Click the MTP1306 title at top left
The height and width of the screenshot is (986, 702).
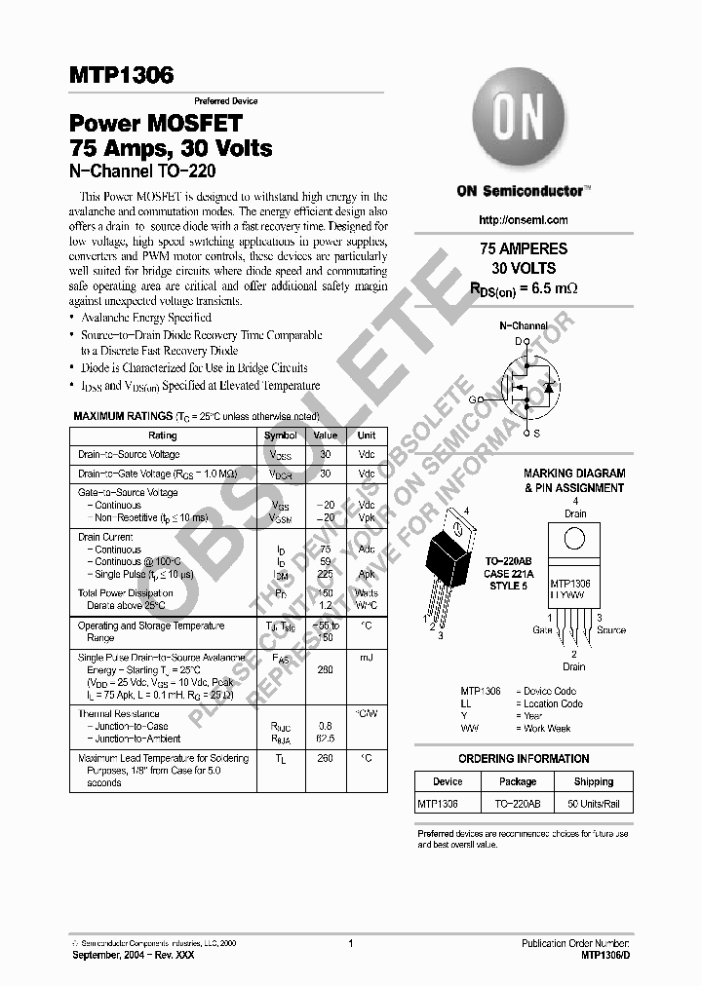pos(121,76)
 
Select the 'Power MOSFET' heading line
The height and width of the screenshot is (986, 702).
pos(154,125)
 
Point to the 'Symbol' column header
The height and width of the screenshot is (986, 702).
pos(281,436)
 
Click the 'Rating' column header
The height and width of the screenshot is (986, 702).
pos(163,436)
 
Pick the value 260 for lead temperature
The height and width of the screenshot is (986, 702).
pos(326,757)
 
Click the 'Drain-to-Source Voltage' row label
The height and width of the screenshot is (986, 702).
pos(129,455)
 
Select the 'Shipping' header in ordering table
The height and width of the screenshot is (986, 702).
pos(593,781)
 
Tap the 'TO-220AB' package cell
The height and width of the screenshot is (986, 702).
pos(518,804)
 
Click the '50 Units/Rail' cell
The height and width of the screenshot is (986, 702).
pos(593,804)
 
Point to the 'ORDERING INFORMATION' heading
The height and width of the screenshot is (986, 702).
pos(524,759)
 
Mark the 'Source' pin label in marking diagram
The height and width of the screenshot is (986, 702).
pos(611,630)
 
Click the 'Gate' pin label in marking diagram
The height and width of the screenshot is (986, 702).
pos(542,630)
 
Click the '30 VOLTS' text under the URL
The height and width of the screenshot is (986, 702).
pos(524,268)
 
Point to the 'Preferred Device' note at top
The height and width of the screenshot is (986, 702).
pos(225,101)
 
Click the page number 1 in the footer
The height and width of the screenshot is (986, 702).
pos(350,943)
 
